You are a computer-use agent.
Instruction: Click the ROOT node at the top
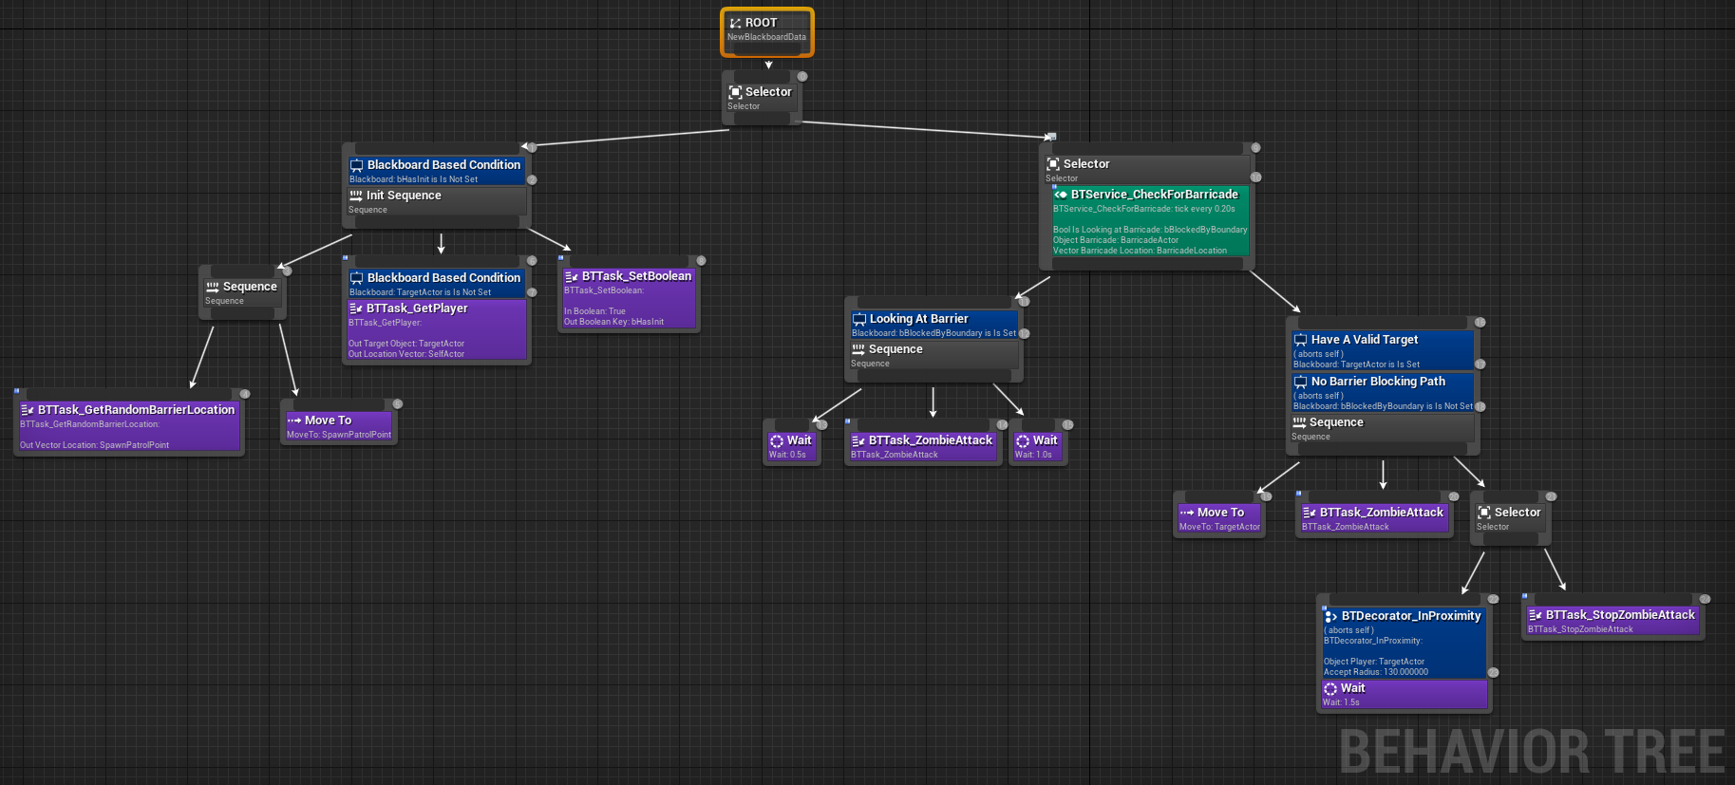click(766, 30)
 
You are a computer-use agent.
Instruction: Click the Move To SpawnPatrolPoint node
click(338, 425)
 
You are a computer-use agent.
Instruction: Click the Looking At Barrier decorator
click(934, 325)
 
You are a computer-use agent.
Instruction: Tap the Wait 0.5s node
click(791, 446)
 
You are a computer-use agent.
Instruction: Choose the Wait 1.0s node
click(1037, 446)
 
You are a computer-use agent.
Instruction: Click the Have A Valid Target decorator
click(1382, 350)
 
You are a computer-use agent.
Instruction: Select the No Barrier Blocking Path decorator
click(1382, 392)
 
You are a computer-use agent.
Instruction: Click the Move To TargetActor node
click(1219, 518)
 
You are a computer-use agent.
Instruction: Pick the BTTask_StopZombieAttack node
click(1612, 621)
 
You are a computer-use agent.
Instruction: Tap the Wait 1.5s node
click(1404, 694)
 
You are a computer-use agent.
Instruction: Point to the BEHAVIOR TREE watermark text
click(1531, 752)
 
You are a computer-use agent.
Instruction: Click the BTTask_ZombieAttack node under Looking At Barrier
click(922, 446)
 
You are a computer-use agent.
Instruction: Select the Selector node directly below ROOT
click(761, 98)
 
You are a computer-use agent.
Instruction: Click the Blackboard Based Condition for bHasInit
click(436, 171)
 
